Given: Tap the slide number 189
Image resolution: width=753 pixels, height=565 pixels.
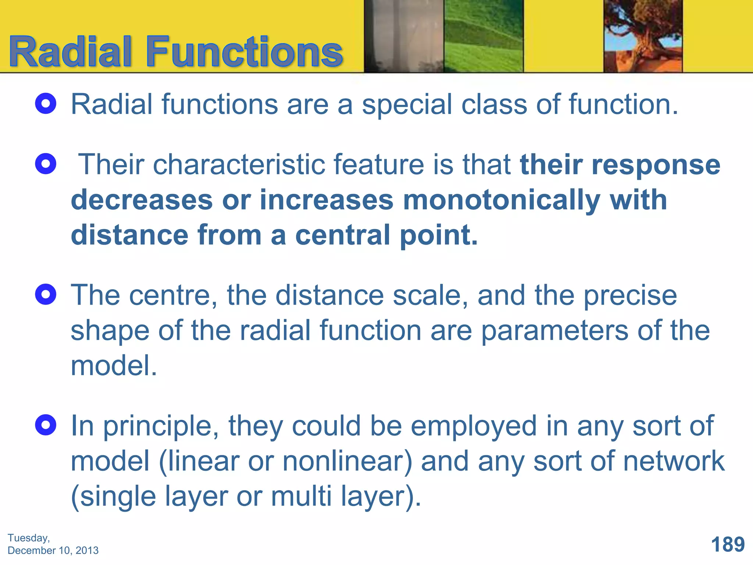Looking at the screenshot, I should pos(728,544).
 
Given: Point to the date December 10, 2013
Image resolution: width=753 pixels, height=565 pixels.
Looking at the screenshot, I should pos(53,551).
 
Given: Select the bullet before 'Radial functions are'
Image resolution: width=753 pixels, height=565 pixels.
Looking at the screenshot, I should pos(46,104).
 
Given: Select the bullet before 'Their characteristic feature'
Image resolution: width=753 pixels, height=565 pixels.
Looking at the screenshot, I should pos(46,164).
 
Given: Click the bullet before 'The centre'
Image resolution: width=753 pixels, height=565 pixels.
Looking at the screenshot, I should pos(46,295).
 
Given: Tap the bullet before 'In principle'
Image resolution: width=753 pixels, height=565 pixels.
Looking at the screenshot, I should pos(46,425).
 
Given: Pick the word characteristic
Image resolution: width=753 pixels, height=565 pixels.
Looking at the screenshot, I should pos(239,164).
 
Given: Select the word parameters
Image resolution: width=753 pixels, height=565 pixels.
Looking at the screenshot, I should pos(554,331).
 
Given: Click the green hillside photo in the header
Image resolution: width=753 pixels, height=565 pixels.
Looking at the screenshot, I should pos(483,36).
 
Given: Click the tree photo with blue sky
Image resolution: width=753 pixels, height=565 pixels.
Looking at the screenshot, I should pos(643,36).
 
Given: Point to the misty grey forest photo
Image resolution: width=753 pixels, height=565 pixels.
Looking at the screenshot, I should pos(404,36).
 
